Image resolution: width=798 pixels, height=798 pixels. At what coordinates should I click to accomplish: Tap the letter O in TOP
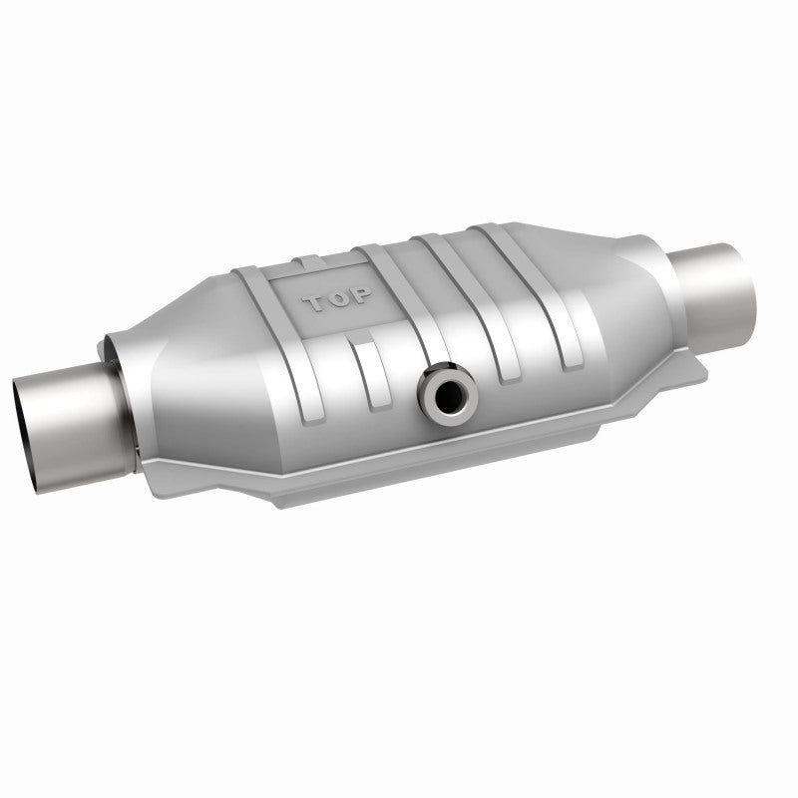pyautogui.click(x=339, y=298)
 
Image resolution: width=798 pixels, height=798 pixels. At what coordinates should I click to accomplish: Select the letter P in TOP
pyautogui.click(x=361, y=294)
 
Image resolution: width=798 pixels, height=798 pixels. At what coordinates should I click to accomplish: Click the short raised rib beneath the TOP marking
pyautogui.click(x=373, y=374)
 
